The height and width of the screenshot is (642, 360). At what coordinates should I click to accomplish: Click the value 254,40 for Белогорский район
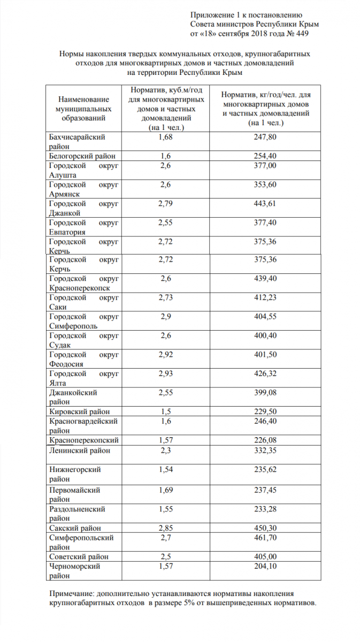click(x=266, y=156)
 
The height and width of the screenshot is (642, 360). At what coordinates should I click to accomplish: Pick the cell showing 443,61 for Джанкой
click(x=266, y=204)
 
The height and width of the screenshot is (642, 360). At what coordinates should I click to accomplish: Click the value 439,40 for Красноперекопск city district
click(x=266, y=279)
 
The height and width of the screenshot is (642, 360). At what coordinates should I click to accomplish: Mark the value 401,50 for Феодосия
click(x=266, y=354)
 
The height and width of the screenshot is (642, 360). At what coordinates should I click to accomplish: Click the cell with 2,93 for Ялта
click(x=165, y=373)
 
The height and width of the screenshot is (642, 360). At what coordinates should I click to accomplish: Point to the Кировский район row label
click(x=79, y=411)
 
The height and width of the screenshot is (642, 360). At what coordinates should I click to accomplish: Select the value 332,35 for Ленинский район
click(x=266, y=450)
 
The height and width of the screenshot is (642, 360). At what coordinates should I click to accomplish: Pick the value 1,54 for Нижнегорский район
click(x=165, y=469)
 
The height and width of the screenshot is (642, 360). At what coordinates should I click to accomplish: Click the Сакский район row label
click(x=75, y=528)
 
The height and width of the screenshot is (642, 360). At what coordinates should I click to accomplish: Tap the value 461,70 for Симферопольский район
click(x=266, y=537)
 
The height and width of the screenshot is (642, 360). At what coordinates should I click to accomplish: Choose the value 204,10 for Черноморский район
click(x=266, y=566)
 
